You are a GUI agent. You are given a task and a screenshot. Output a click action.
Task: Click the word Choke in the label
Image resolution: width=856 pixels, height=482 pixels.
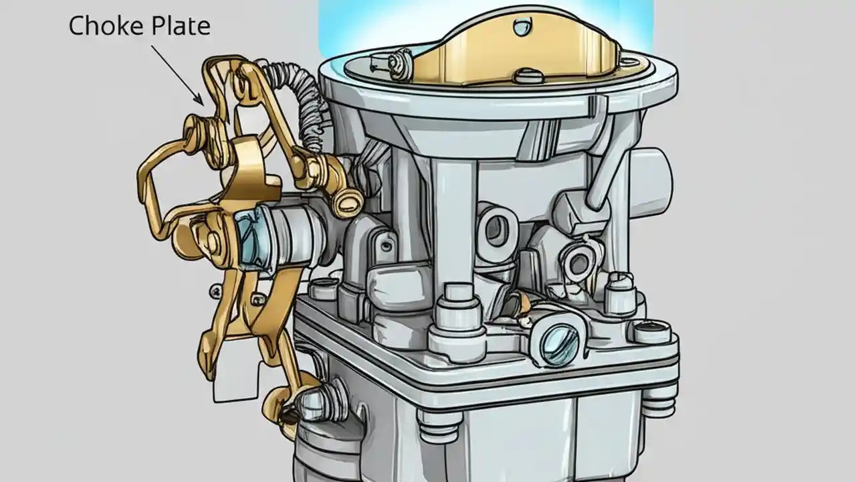[x=100, y=26]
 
